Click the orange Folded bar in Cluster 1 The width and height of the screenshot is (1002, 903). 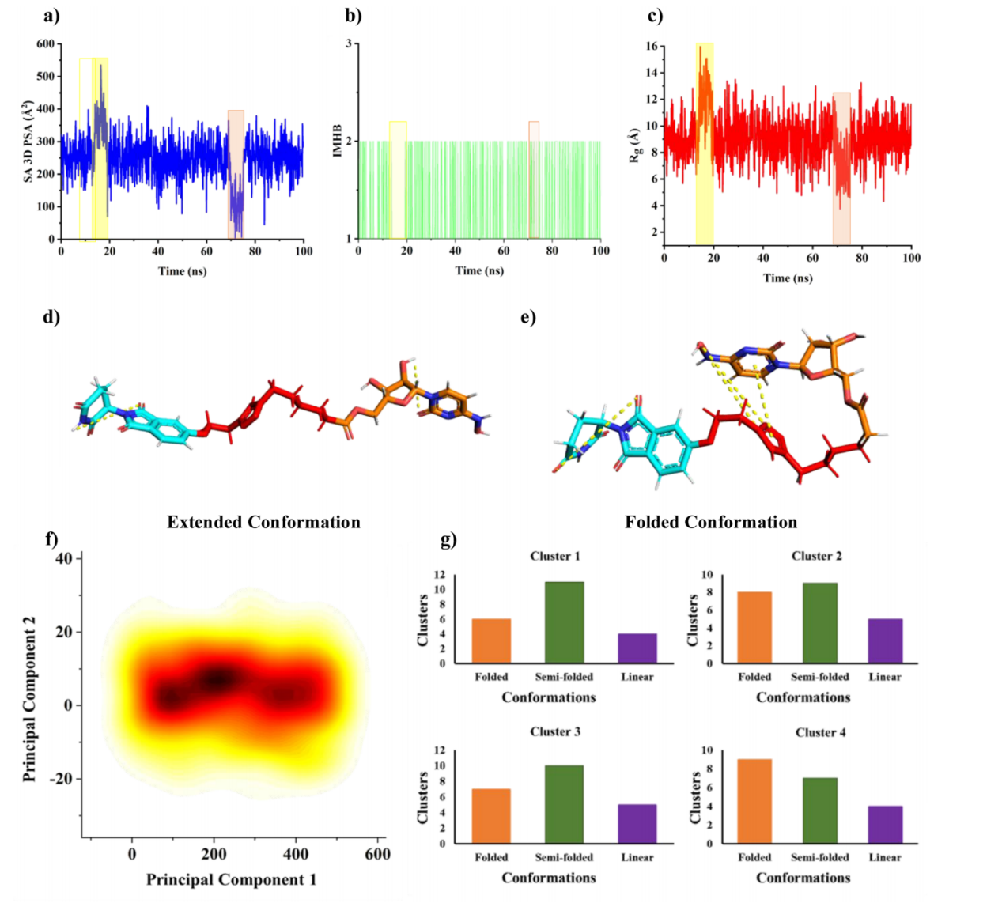(491, 641)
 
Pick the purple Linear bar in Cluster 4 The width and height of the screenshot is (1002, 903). (885, 825)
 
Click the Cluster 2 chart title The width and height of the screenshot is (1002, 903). (816, 556)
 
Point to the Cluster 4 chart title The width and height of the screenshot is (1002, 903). (820, 732)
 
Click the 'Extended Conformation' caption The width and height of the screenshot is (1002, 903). (263, 522)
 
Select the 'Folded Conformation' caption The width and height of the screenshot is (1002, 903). (711, 522)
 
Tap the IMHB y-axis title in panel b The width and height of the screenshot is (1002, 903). (338, 140)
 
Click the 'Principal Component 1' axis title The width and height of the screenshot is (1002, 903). (231, 879)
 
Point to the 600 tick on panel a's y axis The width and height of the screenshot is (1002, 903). (45, 44)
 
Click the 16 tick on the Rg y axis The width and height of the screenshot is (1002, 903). (650, 47)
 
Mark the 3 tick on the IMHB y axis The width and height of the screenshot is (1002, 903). (348, 43)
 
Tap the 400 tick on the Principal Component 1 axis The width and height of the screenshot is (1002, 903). (295, 854)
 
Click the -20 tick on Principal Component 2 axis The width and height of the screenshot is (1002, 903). (59, 779)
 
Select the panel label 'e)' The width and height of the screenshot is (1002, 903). (527, 317)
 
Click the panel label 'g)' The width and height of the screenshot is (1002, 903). (448, 540)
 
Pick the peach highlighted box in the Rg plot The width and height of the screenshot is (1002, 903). (841, 168)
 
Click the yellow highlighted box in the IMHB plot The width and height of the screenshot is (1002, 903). (398, 179)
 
